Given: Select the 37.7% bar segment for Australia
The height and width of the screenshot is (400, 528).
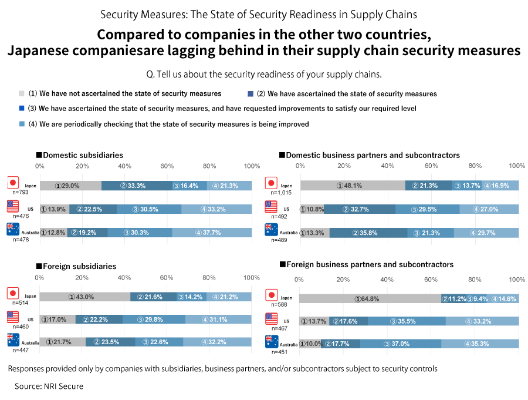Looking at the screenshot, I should coord(212,232).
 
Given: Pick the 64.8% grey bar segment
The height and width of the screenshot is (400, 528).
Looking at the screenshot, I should coord(370,298).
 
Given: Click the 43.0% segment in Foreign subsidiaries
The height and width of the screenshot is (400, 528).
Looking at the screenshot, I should coord(84,297).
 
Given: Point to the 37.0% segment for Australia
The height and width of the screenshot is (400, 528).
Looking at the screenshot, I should coord(401,344).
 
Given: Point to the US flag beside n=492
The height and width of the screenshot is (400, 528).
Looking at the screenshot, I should coord(270,207).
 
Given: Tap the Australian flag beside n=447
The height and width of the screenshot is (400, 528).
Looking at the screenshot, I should coord(13,340).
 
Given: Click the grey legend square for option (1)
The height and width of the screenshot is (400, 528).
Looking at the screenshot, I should coord(22,93).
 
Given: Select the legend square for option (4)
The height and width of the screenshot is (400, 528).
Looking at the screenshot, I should coord(22,124).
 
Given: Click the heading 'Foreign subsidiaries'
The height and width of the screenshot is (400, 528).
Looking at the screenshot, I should coord(79,266).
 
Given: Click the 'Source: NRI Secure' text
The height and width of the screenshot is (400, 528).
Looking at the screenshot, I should coord(49,386).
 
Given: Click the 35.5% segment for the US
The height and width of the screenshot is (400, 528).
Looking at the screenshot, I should coord(407,321).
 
